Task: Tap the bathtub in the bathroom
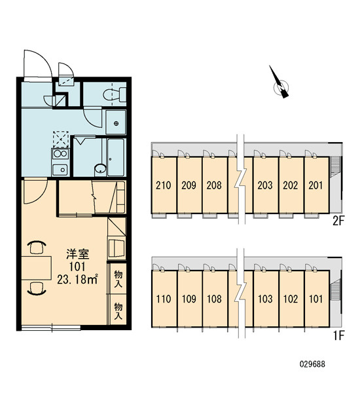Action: [x=115, y=157]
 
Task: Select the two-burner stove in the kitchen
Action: [x=60, y=154]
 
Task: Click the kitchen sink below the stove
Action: [x=60, y=170]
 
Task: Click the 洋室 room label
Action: [x=78, y=254]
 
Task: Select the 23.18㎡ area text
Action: [x=77, y=279]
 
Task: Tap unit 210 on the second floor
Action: [x=164, y=185]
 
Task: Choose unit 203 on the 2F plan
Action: [x=265, y=185]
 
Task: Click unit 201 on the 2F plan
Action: [x=315, y=185]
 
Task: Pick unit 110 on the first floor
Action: [x=164, y=299]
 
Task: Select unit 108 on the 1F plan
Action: [x=215, y=299]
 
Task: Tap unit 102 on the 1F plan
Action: [x=291, y=299]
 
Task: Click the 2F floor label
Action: [x=338, y=221]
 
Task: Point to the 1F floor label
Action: [x=339, y=335]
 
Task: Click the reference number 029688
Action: [x=312, y=364]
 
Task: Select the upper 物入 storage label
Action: [x=118, y=278]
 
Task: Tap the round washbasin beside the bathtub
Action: [x=100, y=169]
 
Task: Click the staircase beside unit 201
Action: [x=334, y=166]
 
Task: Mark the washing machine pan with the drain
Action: [x=115, y=122]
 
